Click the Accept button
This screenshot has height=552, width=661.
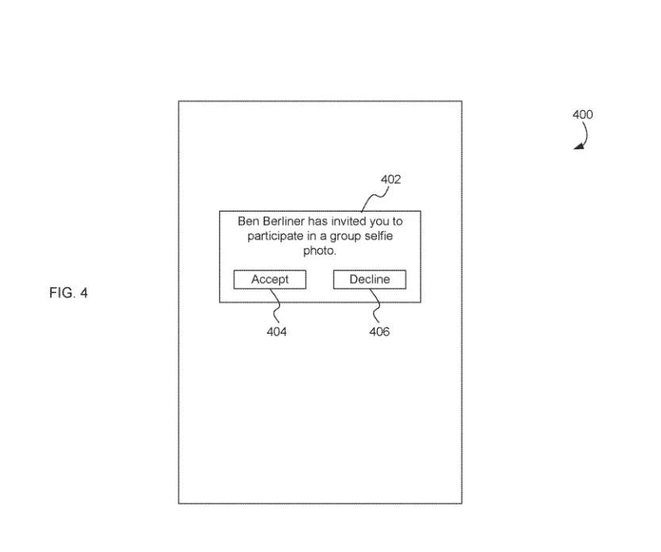click(x=270, y=279)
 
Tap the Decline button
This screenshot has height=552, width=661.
click(x=370, y=279)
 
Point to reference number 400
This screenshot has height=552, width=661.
click(x=582, y=115)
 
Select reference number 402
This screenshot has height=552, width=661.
click(x=390, y=179)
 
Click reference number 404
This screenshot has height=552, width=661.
click(x=276, y=332)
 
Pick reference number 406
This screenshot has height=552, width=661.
click(x=379, y=332)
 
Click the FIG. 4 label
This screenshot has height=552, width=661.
click(x=68, y=293)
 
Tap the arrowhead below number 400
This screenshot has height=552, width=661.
click(x=579, y=146)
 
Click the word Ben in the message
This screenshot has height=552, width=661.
click(x=248, y=221)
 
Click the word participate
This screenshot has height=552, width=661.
click(x=275, y=236)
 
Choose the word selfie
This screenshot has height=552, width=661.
click(x=379, y=236)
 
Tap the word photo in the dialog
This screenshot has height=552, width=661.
click(x=318, y=251)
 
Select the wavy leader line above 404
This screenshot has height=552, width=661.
click(x=275, y=305)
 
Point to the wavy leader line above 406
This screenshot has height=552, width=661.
click(x=376, y=305)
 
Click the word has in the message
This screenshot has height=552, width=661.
click(x=318, y=221)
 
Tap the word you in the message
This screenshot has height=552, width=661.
click(x=377, y=222)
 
